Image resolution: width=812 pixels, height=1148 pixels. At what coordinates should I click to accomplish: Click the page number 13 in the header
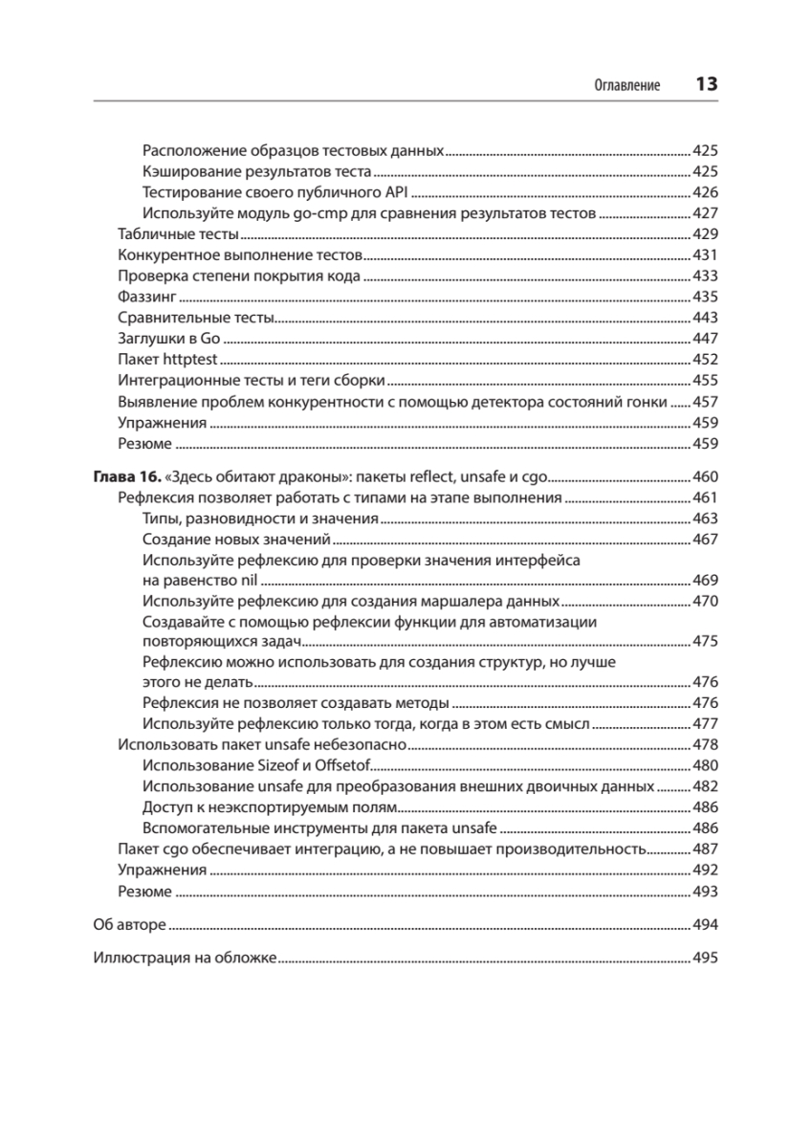706,84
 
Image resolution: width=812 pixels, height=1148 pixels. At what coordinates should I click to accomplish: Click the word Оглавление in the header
627,85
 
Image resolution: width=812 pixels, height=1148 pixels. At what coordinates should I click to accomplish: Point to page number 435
704,297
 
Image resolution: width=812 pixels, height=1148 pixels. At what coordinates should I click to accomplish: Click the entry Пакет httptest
167,360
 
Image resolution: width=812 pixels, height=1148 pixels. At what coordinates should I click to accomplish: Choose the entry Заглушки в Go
169,339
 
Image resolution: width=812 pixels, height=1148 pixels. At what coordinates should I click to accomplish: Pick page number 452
704,360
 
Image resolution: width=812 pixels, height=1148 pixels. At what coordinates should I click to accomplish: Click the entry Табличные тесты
177,234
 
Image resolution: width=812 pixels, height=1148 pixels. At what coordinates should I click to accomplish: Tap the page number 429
704,234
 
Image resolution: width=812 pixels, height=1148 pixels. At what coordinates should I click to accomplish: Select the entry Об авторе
129,925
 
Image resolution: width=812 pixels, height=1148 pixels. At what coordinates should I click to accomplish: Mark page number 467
704,540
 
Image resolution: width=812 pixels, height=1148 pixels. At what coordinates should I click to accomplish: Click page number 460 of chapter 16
704,477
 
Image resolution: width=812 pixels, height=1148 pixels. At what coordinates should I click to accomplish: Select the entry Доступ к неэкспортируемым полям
266,807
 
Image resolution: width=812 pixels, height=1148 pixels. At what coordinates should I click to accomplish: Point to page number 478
704,745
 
